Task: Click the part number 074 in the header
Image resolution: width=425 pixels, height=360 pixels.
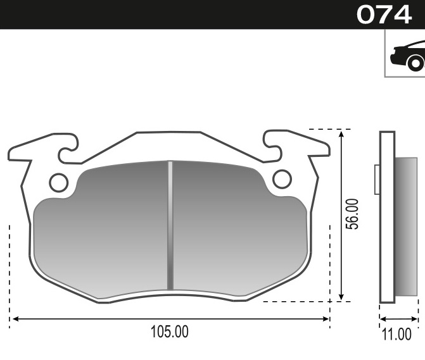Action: point(384,14)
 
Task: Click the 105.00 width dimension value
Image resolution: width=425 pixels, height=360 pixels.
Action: point(169,331)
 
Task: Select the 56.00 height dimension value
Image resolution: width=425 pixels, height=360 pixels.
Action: point(353,213)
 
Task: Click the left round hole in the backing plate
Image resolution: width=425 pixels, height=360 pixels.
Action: point(58,182)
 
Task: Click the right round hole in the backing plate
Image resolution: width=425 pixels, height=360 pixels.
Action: point(282,179)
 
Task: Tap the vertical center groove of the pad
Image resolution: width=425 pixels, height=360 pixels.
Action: point(170,225)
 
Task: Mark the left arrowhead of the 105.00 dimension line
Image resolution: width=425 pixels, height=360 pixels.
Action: point(13,318)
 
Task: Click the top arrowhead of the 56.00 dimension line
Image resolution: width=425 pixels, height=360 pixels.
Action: point(342,133)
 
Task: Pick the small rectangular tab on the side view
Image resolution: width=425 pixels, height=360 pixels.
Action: point(377,179)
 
